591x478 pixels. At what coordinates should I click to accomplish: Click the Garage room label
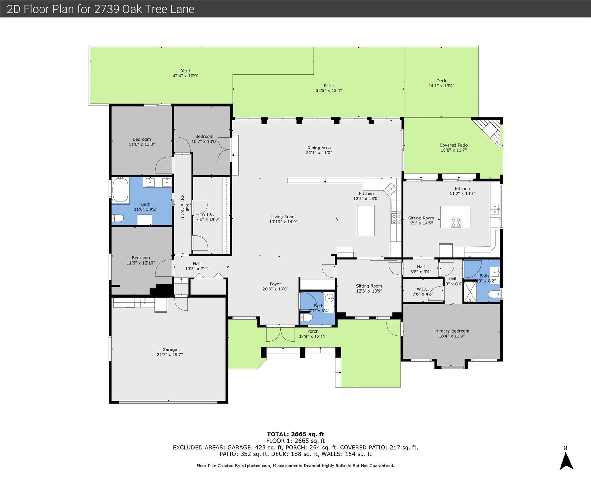coord(170,349)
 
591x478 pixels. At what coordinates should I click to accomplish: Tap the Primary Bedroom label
coord(452,331)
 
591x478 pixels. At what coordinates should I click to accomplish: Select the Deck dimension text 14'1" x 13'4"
coord(441,86)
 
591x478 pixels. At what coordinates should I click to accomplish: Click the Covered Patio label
coord(454,145)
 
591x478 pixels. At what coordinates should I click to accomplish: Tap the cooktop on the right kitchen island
coord(456,222)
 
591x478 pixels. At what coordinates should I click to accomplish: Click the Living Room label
coord(283,217)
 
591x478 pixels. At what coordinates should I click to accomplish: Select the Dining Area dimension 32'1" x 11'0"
coord(319,152)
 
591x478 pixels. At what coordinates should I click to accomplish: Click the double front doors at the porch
coord(280,334)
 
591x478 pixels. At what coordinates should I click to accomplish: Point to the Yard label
coord(185,71)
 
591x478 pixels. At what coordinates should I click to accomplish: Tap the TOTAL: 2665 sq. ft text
coord(295,434)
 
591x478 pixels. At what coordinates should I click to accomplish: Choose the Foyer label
coord(275,284)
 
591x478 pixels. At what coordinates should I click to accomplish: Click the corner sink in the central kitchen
coord(391,189)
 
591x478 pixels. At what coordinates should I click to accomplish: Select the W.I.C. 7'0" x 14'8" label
coord(207,217)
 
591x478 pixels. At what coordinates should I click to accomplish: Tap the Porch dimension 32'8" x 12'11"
coord(313,336)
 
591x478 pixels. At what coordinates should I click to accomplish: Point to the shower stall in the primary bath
coord(470,292)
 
